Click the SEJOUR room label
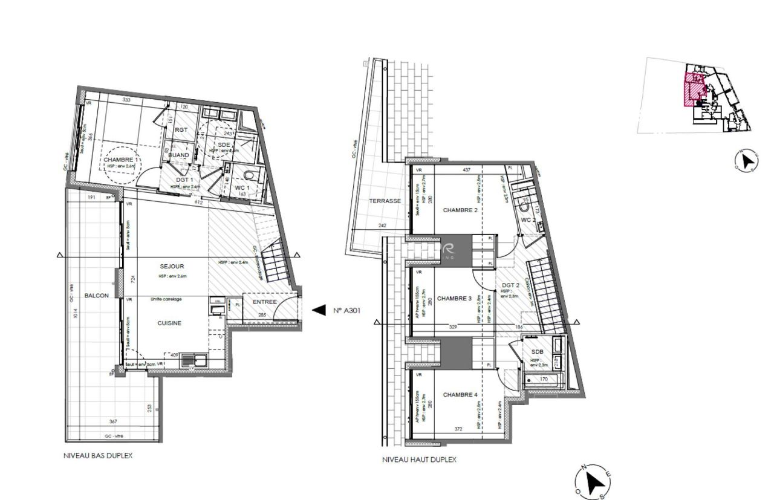tap(172, 266)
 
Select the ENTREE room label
tap(264, 302)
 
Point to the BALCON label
tap(97, 295)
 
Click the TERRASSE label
tap(385, 201)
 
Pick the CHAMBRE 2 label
tap(461, 210)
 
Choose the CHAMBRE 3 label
tap(454, 298)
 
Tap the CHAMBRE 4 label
tap(460, 395)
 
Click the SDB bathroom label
tap(537, 352)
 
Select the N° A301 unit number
tap(346, 310)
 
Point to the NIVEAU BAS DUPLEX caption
tap(98, 456)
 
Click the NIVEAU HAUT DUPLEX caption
tap(419, 459)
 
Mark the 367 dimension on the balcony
tap(113, 422)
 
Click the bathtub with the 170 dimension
tap(543, 380)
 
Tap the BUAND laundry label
tap(178, 155)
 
